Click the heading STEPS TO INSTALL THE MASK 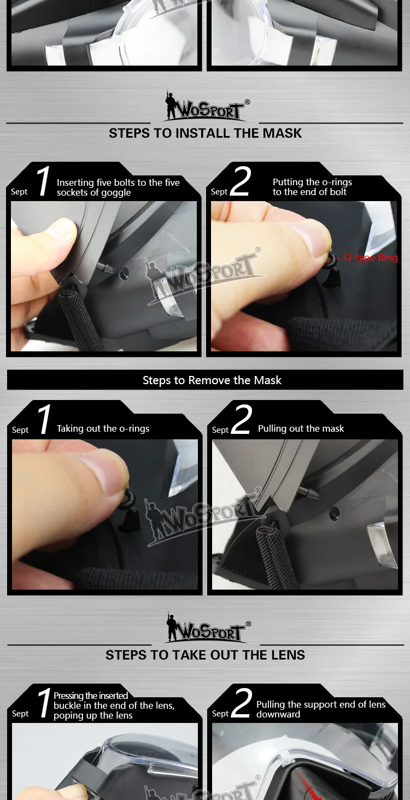205,133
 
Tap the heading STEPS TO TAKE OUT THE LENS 205,655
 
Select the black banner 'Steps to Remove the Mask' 205,380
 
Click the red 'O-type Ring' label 370,257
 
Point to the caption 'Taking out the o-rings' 103,428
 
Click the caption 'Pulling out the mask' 301,428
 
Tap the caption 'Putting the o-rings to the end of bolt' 312,187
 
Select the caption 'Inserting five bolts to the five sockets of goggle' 118,187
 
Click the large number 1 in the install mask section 44,181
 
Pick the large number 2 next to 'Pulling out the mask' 242,419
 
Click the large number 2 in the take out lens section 242,703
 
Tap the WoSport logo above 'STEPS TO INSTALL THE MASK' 207,105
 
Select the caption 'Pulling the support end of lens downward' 321,709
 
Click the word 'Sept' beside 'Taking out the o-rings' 20,430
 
